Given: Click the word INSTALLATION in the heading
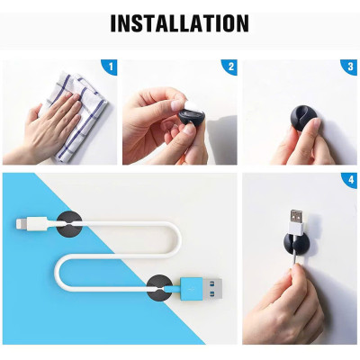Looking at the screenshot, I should click(x=179, y=22).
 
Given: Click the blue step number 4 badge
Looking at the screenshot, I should click(x=351, y=181).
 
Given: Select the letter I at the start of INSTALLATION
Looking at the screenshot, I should click(x=114, y=22).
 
